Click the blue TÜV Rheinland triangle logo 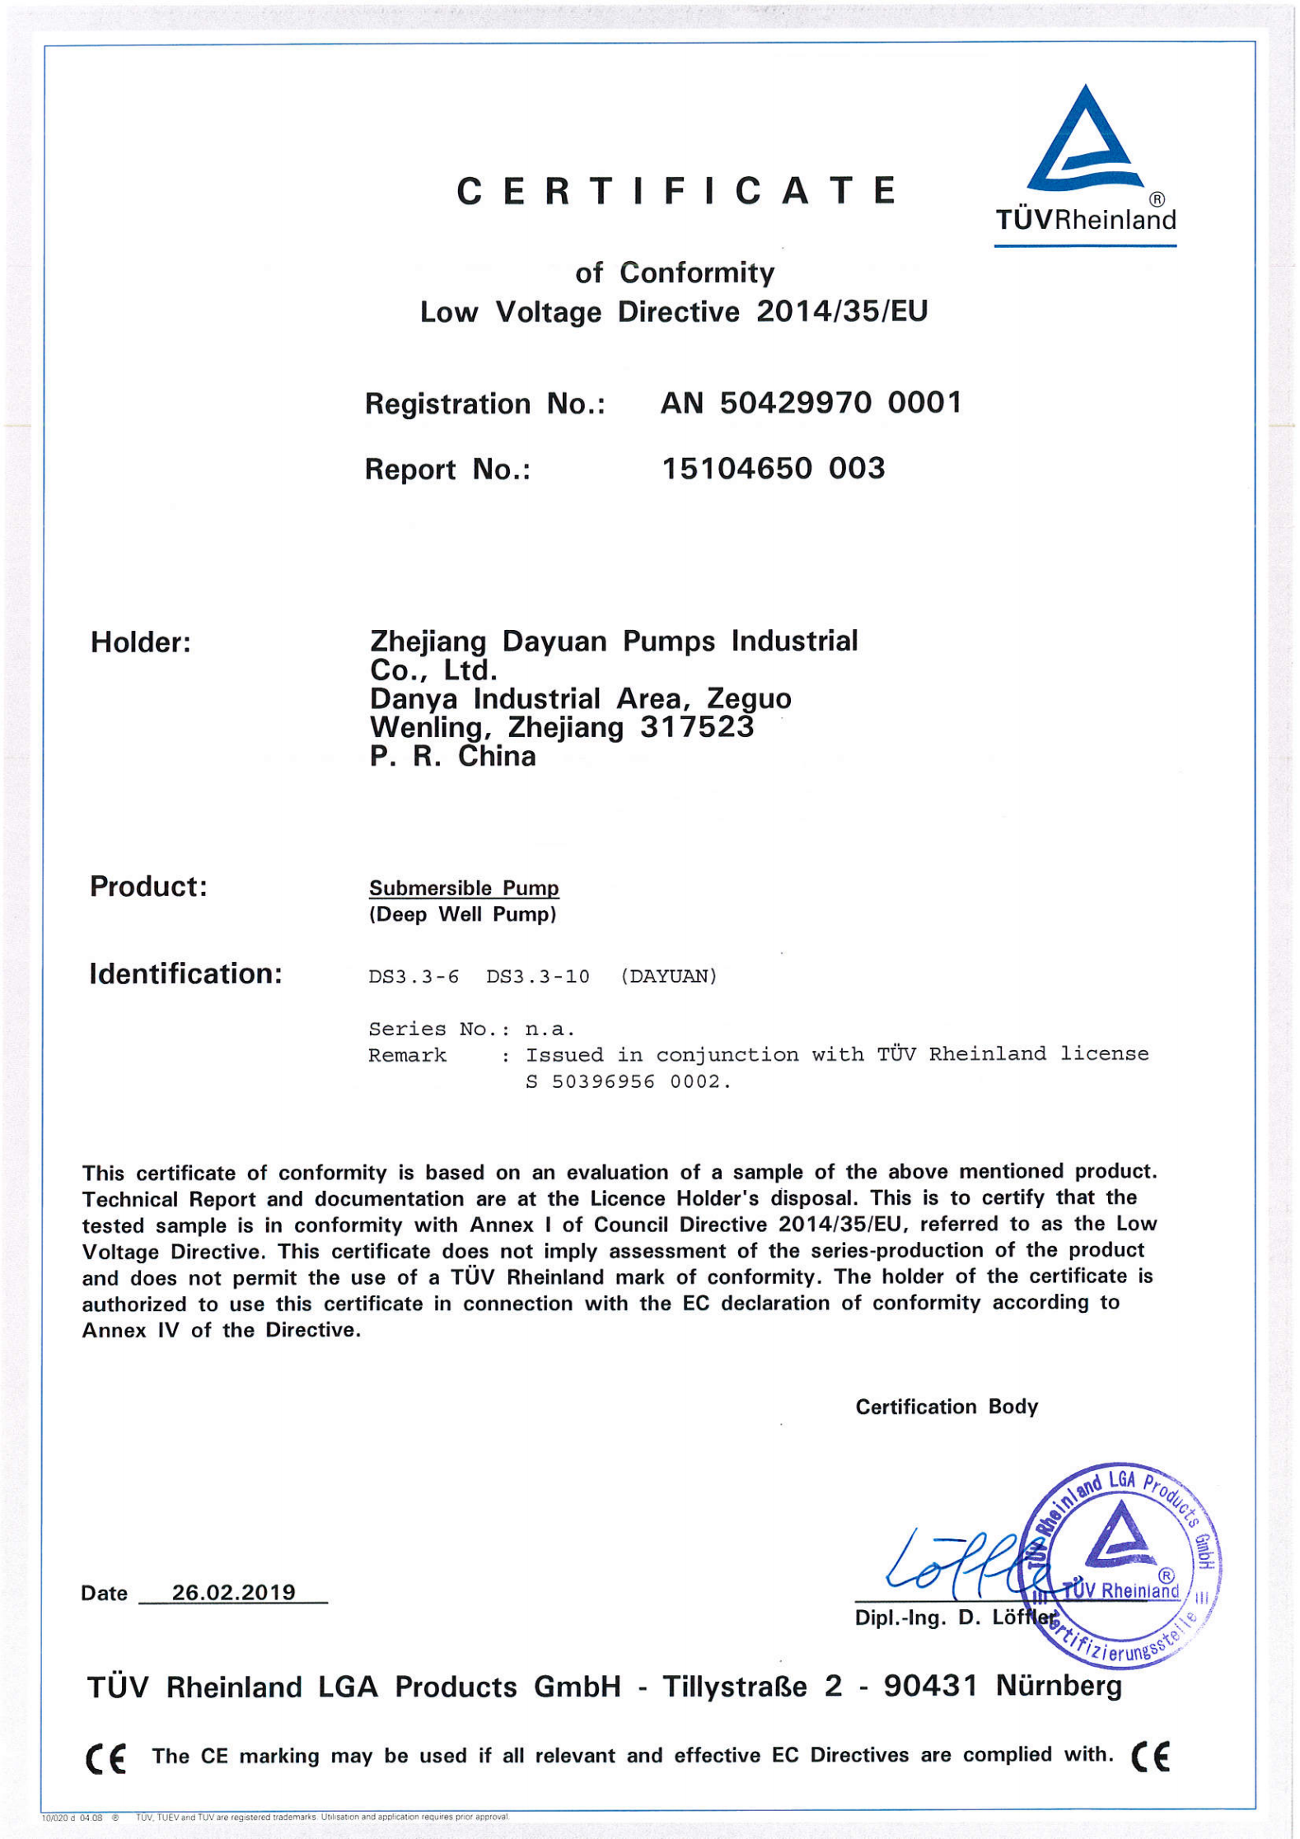1085,140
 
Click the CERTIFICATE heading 676,191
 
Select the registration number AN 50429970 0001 811,403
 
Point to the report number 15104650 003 773,469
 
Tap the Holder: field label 141,642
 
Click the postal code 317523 696,727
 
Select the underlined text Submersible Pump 464,888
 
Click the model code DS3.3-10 537,977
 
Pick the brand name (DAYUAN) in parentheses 668,977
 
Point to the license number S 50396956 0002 629,1082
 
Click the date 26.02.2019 233,1592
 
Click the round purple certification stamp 1120,1565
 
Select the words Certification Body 947,1407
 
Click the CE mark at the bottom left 106,1758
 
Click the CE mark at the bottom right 1150,1757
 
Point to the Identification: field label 185,974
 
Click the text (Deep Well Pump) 462,914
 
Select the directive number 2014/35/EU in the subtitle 842,311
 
